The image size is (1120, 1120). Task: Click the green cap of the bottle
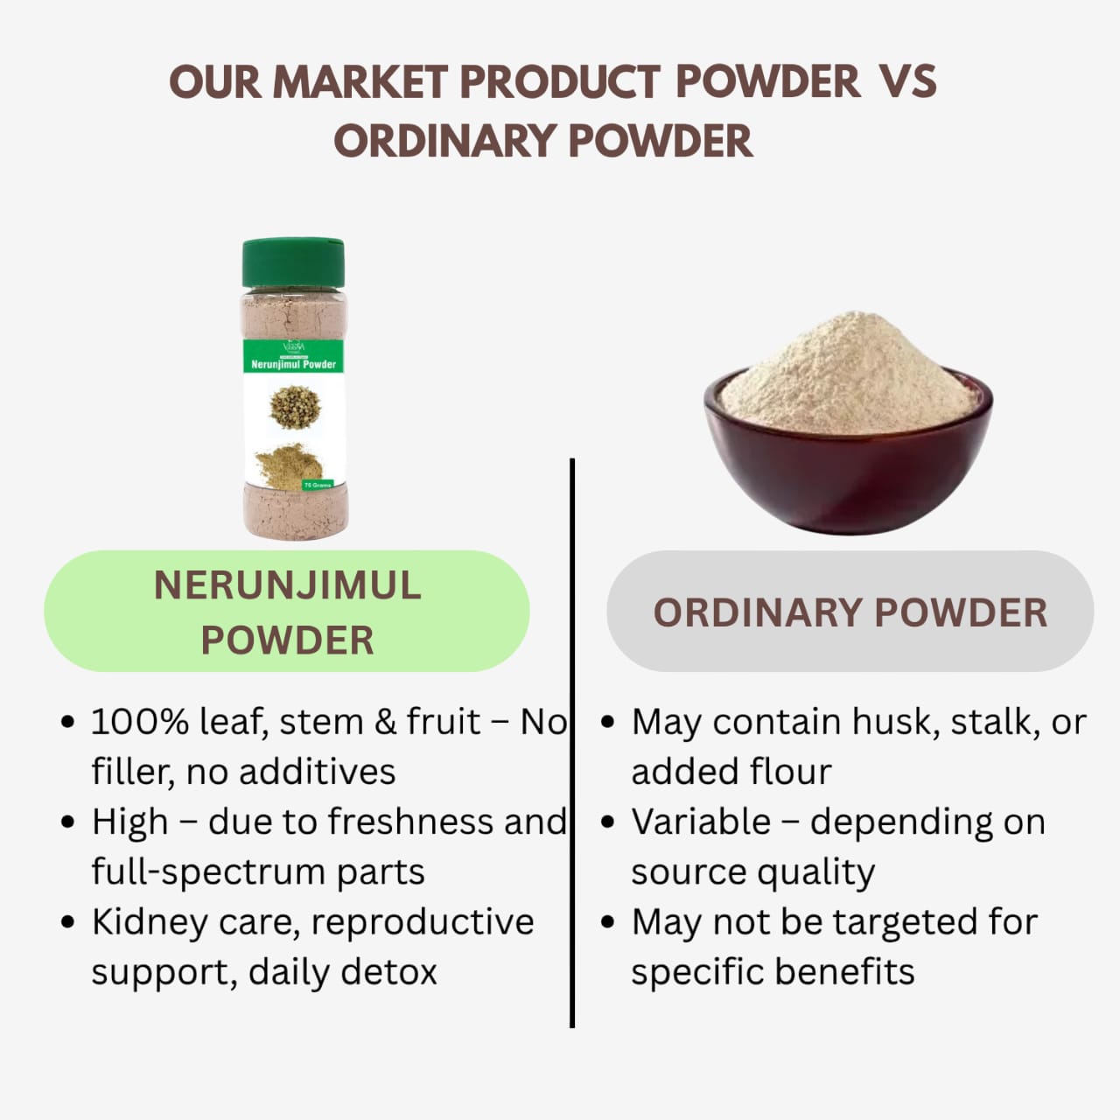293,262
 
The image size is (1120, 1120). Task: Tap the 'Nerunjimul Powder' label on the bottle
293,364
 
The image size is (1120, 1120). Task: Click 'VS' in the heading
906,82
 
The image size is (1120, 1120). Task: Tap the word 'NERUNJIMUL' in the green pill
287,586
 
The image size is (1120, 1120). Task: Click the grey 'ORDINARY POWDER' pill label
850,612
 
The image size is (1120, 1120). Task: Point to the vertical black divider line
571,744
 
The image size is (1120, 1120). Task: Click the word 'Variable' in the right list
701,822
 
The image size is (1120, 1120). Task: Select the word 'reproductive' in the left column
422,922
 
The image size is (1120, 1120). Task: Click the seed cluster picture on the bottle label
294,407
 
